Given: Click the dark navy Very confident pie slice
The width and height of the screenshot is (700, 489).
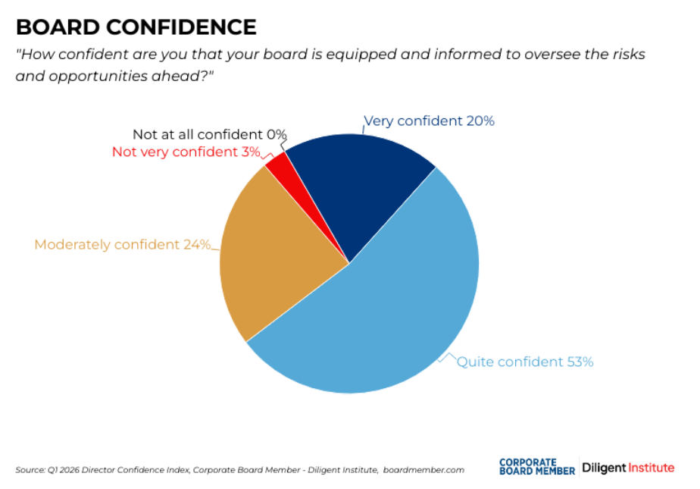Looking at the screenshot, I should point(356,182).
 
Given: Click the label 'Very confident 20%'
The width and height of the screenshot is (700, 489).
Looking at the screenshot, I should point(429,121).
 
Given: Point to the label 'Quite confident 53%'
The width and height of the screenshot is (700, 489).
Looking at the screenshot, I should point(524,362).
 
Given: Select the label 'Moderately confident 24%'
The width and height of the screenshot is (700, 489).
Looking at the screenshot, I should point(122,244).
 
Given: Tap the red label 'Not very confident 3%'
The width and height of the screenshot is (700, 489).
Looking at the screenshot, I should point(186,152).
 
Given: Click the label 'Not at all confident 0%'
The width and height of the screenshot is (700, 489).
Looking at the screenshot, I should point(209,134).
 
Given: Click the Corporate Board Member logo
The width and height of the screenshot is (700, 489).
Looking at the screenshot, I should point(536,466).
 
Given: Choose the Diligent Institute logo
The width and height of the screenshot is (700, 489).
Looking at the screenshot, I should point(628,467).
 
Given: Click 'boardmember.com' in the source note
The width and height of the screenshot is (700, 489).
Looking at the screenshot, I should point(423,470).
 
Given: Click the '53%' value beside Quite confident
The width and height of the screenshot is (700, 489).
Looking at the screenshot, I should point(580,362).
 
